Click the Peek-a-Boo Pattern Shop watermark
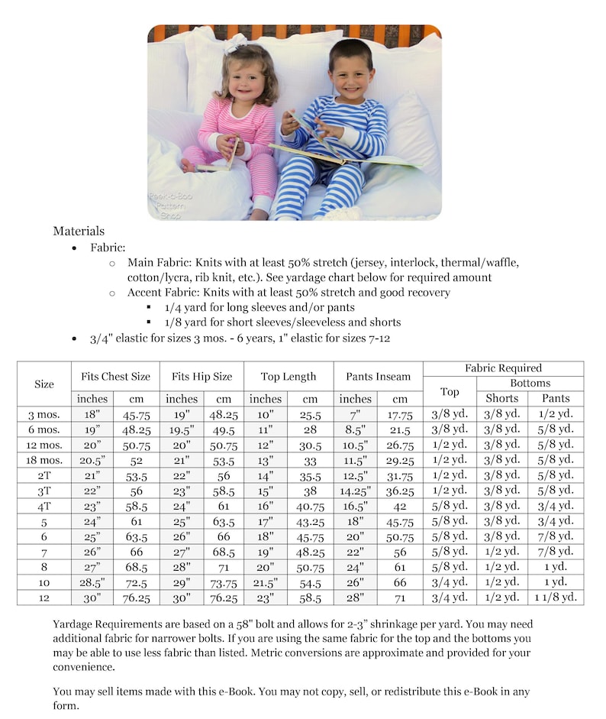170,206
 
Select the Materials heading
79,231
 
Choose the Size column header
44,384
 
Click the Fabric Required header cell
503,368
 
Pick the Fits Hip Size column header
201,376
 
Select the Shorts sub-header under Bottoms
501,398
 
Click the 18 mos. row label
44,459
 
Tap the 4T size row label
44,505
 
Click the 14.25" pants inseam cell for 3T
356,490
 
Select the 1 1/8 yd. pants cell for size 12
556,597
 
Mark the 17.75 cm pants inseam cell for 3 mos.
400,413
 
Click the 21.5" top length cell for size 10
266,581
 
